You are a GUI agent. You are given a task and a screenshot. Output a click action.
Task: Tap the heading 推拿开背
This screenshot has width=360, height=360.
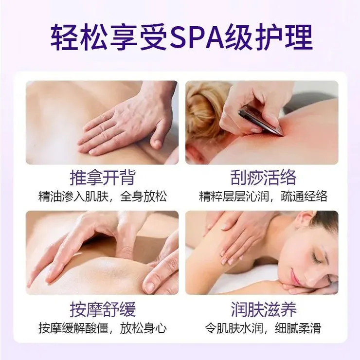[x=102, y=178]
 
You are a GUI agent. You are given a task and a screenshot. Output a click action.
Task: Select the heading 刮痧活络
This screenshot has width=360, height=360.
[x=263, y=178]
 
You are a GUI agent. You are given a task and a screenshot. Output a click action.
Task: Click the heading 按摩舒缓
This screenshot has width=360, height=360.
[x=102, y=309]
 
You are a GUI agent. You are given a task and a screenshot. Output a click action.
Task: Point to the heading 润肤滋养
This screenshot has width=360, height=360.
[x=264, y=309]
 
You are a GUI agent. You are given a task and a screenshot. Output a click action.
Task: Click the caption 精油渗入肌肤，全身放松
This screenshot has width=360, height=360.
[x=102, y=197]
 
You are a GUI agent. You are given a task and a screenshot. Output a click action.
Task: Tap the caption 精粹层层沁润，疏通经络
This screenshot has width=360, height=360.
[x=263, y=197]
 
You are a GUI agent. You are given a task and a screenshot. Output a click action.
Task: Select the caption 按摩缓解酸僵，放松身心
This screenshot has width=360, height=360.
[x=102, y=328]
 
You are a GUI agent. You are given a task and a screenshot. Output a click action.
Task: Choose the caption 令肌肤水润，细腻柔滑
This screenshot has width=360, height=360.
[x=263, y=328]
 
